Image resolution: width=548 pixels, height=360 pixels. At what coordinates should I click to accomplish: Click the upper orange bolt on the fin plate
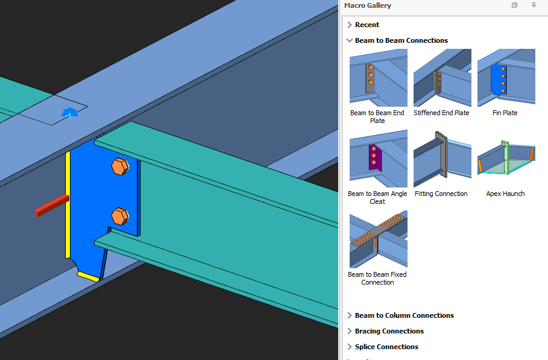tap(119, 166)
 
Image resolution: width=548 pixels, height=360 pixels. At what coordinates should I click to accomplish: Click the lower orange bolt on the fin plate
tap(120, 215)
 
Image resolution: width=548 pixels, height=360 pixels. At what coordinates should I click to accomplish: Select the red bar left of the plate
tap(51, 206)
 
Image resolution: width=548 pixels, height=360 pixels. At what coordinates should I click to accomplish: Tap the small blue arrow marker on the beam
tap(69, 112)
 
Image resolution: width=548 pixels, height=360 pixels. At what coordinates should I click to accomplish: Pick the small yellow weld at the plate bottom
tap(88, 276)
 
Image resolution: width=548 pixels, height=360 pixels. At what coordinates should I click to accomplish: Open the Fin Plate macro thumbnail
tap(506, 78)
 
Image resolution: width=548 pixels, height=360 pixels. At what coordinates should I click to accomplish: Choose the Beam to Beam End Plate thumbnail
tap(378, 78)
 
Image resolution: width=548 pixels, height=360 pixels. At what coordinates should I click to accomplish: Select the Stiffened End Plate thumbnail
tap(442, 78)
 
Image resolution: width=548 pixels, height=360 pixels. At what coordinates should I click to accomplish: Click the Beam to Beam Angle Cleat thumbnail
tap(378, 159)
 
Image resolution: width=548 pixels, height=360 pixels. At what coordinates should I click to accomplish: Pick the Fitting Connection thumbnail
tap(442, 159)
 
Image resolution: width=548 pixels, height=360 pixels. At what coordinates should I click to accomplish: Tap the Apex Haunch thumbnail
tap(506, 159)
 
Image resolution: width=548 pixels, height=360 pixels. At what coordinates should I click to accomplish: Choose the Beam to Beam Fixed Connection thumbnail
tap(378, 239)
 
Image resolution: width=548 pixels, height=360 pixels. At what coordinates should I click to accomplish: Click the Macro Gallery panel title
tap(368, 5)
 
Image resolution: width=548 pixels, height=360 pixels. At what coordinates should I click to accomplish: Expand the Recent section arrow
tap(350, 25)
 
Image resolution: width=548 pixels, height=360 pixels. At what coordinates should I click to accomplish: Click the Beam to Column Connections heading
tap(404, 315)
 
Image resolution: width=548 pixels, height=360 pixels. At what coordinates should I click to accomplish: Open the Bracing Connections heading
tap(389, 331)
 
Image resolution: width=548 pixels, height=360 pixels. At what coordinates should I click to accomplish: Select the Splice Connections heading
tap(386, 347)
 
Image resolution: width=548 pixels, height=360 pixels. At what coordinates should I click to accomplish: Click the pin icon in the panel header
tap(534, 5)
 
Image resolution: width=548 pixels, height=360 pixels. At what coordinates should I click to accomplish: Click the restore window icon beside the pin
tap(514, 5)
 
